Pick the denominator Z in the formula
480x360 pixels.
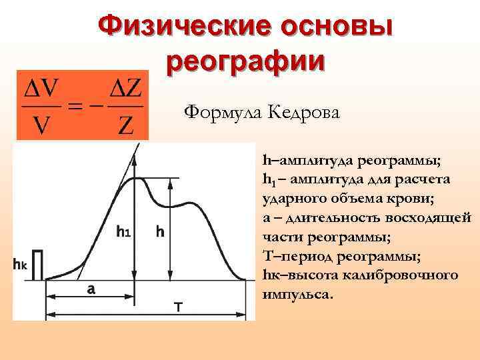(125, 124)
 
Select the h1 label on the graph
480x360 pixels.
(123, 232)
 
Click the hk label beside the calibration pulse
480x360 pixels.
(20, 264)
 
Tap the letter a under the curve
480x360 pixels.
(91, 289)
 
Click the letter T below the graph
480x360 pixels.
(178, 307)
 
